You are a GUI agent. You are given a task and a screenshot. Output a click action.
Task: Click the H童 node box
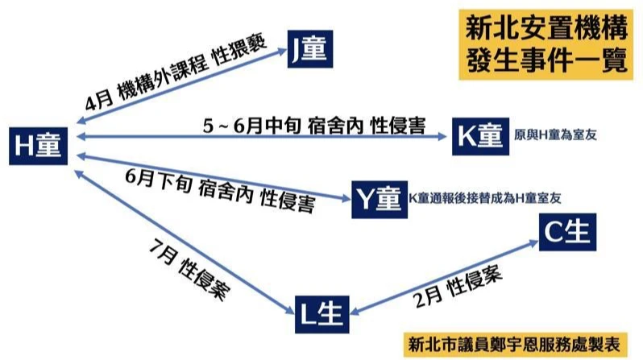(x=38, y=146)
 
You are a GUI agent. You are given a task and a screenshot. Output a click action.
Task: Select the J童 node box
(x=310, y=49)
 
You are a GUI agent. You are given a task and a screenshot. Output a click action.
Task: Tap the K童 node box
(x=480, y=136)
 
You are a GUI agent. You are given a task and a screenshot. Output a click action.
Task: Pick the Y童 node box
(x=380, y=199)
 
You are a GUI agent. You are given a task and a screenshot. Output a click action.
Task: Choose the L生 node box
(x=322, y=314)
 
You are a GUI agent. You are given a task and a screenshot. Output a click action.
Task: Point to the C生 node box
(x=567, y=232)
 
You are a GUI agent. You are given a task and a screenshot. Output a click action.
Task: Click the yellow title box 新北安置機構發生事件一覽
(x=546, y=44)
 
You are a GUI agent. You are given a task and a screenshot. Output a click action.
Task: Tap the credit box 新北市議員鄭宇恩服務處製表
(x=516, y=345)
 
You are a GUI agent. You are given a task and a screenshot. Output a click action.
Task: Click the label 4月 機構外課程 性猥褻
(x=176, y=73)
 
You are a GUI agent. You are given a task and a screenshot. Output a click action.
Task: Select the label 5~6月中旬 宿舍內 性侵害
(x=314, y=126)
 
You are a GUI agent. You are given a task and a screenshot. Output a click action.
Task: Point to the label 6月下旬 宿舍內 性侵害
(x=220, y=191)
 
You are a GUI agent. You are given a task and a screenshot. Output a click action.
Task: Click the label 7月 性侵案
(x=189, y=271)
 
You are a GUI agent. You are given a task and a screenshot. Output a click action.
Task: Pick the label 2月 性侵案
(x=458, y=287)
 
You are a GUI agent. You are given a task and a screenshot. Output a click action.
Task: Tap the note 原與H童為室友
(x=555, y=134)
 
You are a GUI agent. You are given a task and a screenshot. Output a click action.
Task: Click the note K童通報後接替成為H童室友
(x=485, y=198)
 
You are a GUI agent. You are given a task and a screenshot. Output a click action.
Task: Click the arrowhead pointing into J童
(x=282, y=51)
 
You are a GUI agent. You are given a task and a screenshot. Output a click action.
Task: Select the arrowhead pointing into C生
(x=533, y=243)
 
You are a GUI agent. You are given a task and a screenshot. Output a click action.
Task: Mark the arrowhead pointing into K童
(x=442, y=136)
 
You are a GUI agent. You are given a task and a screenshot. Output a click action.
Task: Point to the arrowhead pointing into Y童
(x=346, y=198)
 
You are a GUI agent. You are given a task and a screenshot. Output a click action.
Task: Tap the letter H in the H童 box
(x=24, y=146)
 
